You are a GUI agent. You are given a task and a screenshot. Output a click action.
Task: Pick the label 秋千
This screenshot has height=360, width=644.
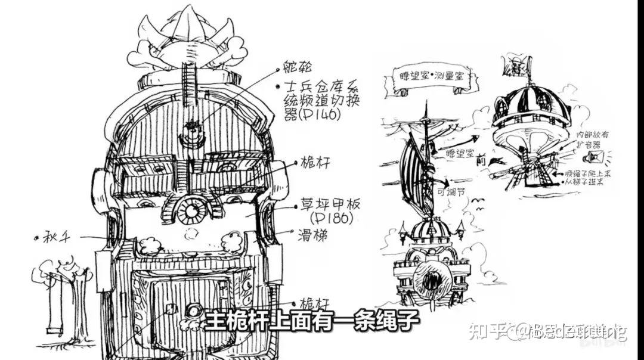point(56,237)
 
